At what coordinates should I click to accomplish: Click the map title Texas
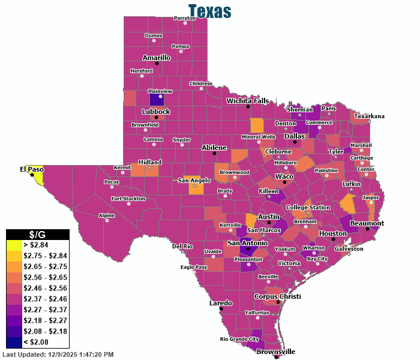click(x=209, y=11)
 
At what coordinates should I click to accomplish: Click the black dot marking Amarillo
click(x=157, y=63)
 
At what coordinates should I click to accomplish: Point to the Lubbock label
click(x=156, y=112)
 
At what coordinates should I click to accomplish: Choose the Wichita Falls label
click(x=247, y=101)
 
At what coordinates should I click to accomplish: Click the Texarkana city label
click(x=370, y=116)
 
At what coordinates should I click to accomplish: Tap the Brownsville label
click(x=276, y=352)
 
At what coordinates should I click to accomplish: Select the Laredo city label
click(x=220, y=303)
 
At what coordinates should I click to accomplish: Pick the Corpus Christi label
click(x=277, y=296)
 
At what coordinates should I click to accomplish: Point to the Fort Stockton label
click(x=128, y=198)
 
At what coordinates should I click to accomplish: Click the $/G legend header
click(x=38, y=234)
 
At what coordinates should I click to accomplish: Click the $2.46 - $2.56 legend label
click(x=44, y=288)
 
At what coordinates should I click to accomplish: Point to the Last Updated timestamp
click(x=58, y=355)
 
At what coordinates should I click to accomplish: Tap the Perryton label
click(x=185, y=18)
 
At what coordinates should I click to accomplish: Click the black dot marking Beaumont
click(x=367, y=229)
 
